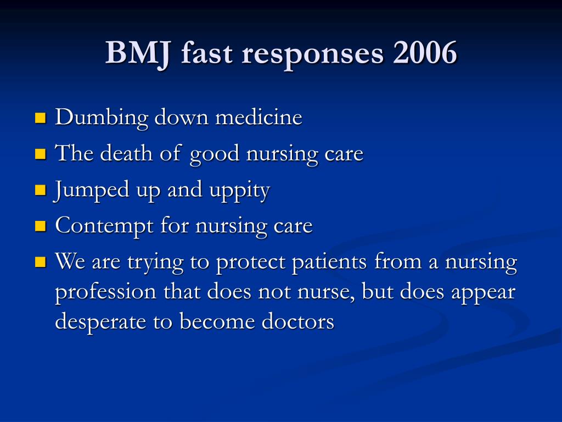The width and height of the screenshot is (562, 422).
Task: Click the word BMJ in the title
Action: point(137,53)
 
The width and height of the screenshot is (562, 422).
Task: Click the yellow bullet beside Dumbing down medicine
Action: point(41,118)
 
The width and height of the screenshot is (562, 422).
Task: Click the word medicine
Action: point(258,117)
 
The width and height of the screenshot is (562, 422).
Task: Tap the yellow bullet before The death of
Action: point(41,154)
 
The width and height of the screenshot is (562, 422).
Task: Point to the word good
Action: point(215,155)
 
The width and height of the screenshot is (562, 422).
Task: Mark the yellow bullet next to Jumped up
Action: point(41,190)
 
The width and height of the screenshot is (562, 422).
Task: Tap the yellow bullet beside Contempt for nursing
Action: point(41,226)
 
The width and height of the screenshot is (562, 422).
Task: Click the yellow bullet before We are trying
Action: point(41,262)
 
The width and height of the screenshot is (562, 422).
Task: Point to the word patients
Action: point(329,263)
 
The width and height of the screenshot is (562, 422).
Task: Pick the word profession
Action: point(106,292)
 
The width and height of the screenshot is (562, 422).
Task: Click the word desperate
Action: point(101,322)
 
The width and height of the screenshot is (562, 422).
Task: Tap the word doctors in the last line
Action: point(298,320)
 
